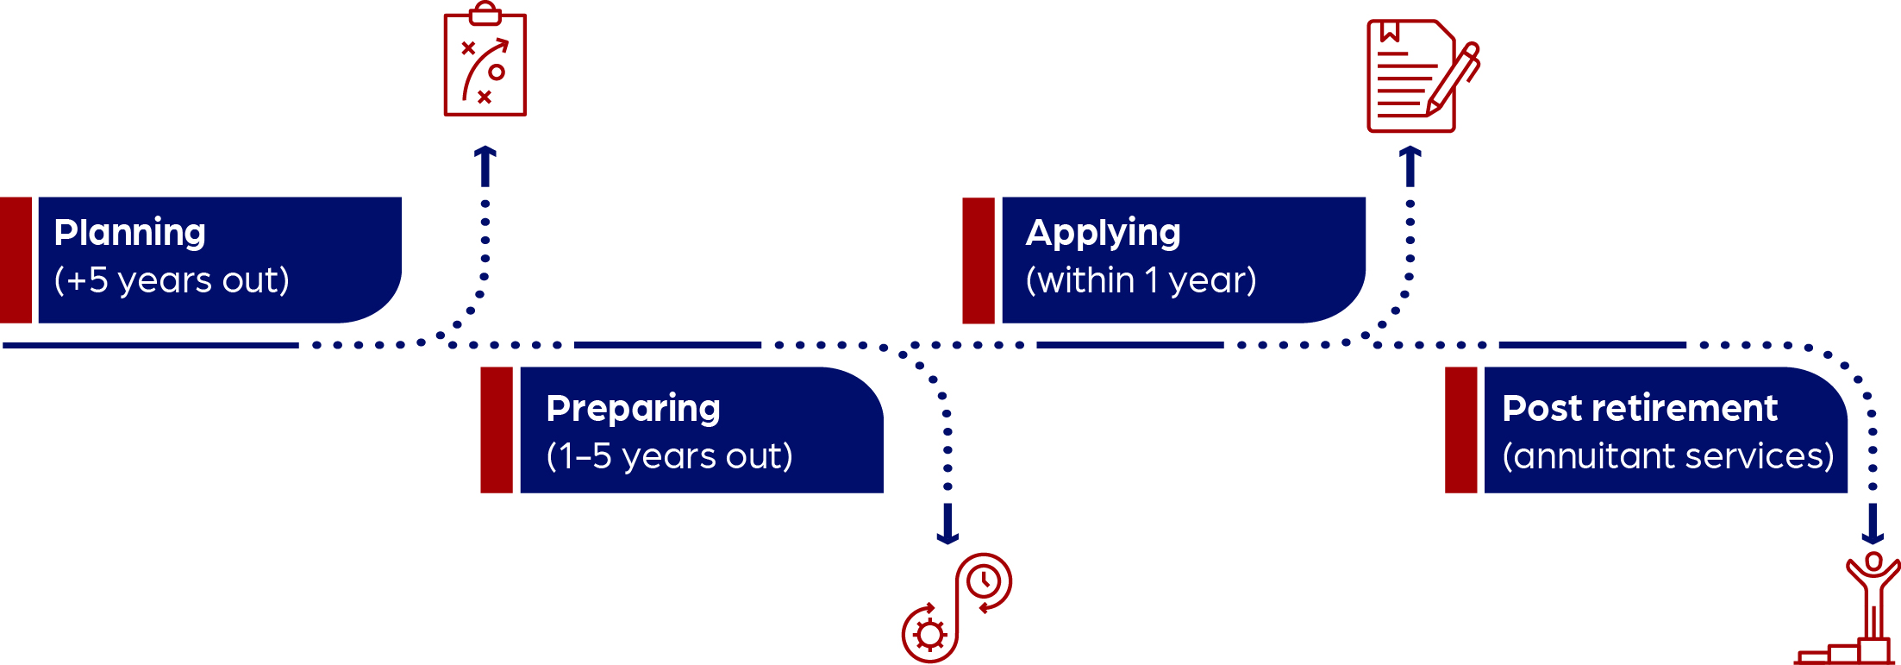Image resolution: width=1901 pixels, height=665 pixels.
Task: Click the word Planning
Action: (129, 234)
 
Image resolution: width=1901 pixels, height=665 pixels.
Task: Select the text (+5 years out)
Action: (172, 280)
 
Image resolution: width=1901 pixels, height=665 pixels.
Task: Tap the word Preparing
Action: (633, 410)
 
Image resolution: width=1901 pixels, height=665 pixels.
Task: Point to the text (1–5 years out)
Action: (669, 456)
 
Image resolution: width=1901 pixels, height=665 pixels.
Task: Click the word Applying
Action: (1103, 234)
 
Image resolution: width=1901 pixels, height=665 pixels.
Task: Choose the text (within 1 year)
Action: (1141, 280)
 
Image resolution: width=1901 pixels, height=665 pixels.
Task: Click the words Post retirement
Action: (1640, 408)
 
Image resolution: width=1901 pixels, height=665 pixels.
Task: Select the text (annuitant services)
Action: (1668, 456)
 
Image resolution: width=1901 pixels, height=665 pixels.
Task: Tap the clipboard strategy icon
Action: (485, 60)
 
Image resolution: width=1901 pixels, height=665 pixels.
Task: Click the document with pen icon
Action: (1423, 76)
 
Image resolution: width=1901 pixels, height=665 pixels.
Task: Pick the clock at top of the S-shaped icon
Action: (984, 581)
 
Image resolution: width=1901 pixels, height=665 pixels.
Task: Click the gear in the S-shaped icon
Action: (929, 635)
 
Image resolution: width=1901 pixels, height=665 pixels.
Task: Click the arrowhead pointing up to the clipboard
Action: (485, 156)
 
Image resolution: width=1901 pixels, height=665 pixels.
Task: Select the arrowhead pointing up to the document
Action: (1410, 156)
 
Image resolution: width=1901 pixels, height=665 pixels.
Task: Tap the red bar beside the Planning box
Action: (16, 260)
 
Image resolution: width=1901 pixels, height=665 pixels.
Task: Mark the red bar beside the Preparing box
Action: (497, 430)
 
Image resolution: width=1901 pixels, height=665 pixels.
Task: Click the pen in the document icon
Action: (1454, 79)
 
